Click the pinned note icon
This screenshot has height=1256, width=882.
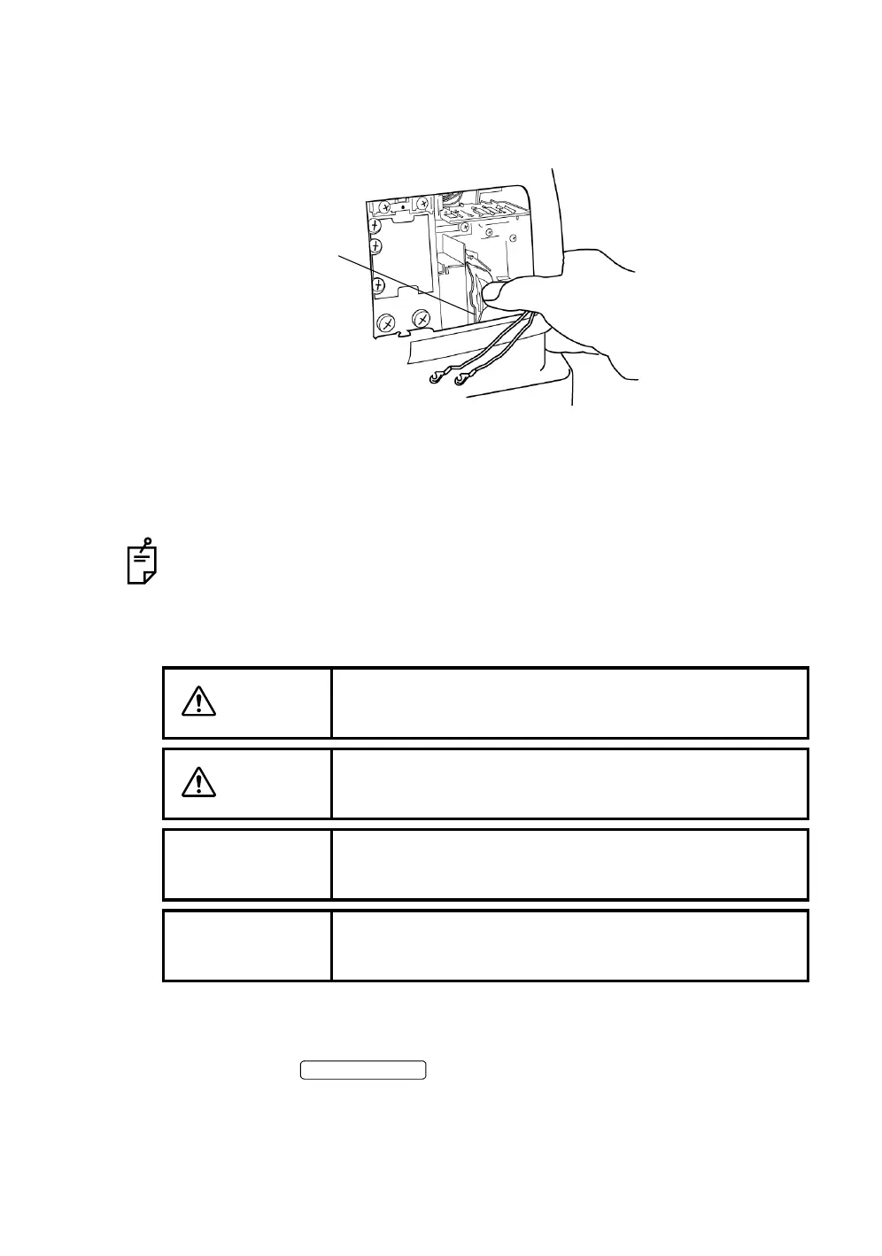click(x=142, y=562)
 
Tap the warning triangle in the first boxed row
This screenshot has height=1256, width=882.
click(x=199, y=702)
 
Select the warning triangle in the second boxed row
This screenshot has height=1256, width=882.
click(x=199, y=783)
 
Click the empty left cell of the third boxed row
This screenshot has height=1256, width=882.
click(x=247, y=864)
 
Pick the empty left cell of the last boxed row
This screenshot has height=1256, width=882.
click(x=247, y=945)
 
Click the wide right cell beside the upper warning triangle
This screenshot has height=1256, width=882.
click(x=569, y=702)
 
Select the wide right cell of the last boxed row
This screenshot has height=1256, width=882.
click(x=569, y=945)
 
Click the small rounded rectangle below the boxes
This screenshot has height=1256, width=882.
click(x=363, y=1070)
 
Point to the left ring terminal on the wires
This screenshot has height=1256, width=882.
click(x=435, y=380)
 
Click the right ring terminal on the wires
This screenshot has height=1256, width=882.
click(x=460, y=381)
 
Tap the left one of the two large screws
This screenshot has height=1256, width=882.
click(x=387, y=324)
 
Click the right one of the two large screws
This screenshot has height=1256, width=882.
click(x=422, y=319)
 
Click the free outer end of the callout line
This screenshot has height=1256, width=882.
click(x=339, y=256)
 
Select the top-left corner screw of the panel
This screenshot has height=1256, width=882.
click(x=385, y=209)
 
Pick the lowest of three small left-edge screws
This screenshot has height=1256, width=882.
click(x=377, y=284)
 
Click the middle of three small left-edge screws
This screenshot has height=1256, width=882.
click(x=375, y=245)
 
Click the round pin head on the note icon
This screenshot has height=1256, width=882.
click(x=148, y=541)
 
